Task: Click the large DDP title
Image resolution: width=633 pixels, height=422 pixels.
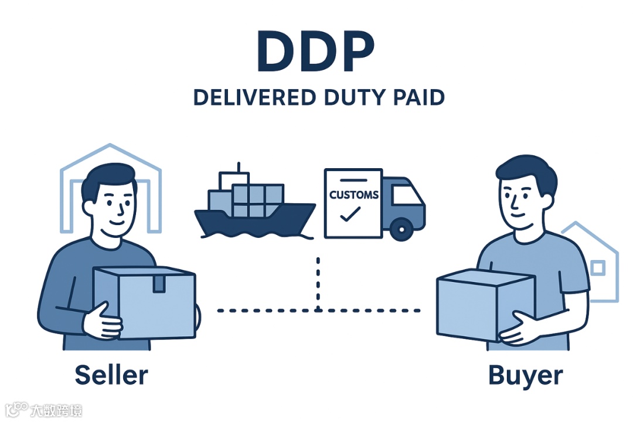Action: click(315, 54)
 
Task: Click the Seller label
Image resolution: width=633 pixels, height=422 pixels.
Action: click(111, 375)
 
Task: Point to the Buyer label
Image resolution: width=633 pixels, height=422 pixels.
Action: click(525, 376)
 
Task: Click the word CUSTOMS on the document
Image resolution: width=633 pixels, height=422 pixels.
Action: click(353, 195)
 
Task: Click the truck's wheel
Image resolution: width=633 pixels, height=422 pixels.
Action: click(401, 229)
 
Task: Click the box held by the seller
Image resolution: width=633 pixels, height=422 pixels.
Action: click(147, 302)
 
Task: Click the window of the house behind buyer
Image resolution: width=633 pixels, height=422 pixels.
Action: click(597, 268)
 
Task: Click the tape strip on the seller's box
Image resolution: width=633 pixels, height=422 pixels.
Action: click(159, 284)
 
